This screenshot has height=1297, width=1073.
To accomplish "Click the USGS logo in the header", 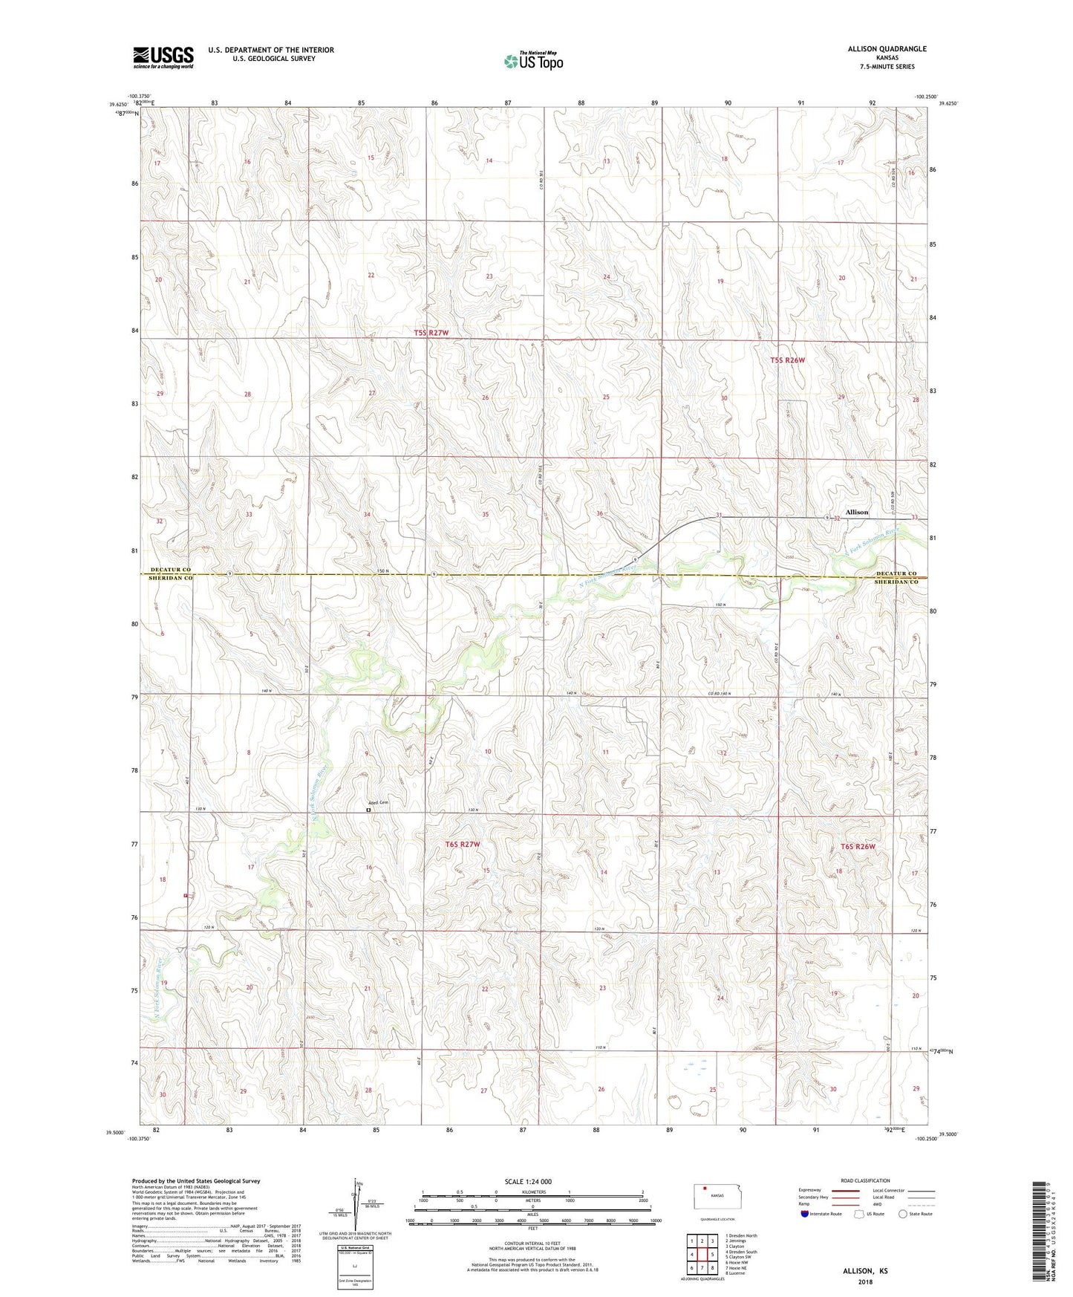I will [163, 56].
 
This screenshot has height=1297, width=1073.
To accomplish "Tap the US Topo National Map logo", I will [533, 61].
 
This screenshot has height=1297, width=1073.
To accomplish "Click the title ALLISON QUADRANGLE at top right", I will [887, 49].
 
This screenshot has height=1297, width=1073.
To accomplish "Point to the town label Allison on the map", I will [856, 512].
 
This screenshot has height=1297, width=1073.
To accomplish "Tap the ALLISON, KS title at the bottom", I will [864, 1270].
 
